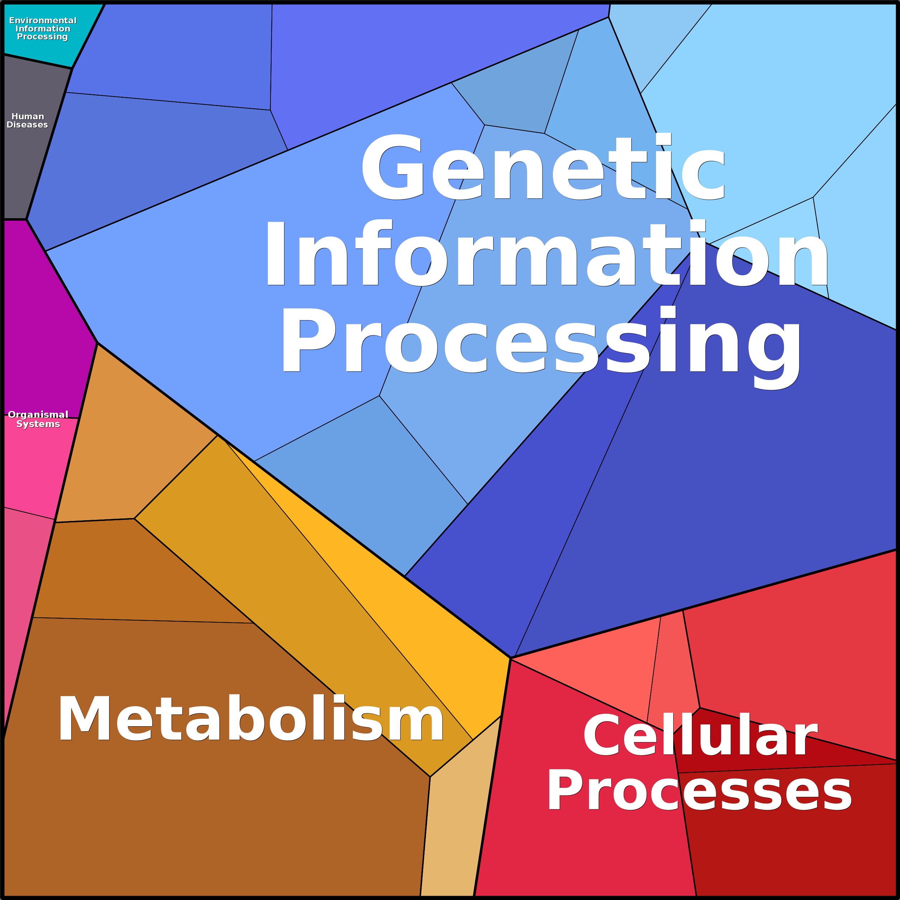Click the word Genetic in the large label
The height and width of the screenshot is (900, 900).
click(543, 168)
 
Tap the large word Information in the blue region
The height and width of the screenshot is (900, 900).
click(545, 254)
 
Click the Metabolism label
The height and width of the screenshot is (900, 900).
click(251, 719)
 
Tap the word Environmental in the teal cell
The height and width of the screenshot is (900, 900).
click(43, 20)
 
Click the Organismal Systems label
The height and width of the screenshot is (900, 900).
click(38, 419)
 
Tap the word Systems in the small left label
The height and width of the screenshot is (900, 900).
click(38, 424)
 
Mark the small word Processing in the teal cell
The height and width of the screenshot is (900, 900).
click(42, 37)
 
